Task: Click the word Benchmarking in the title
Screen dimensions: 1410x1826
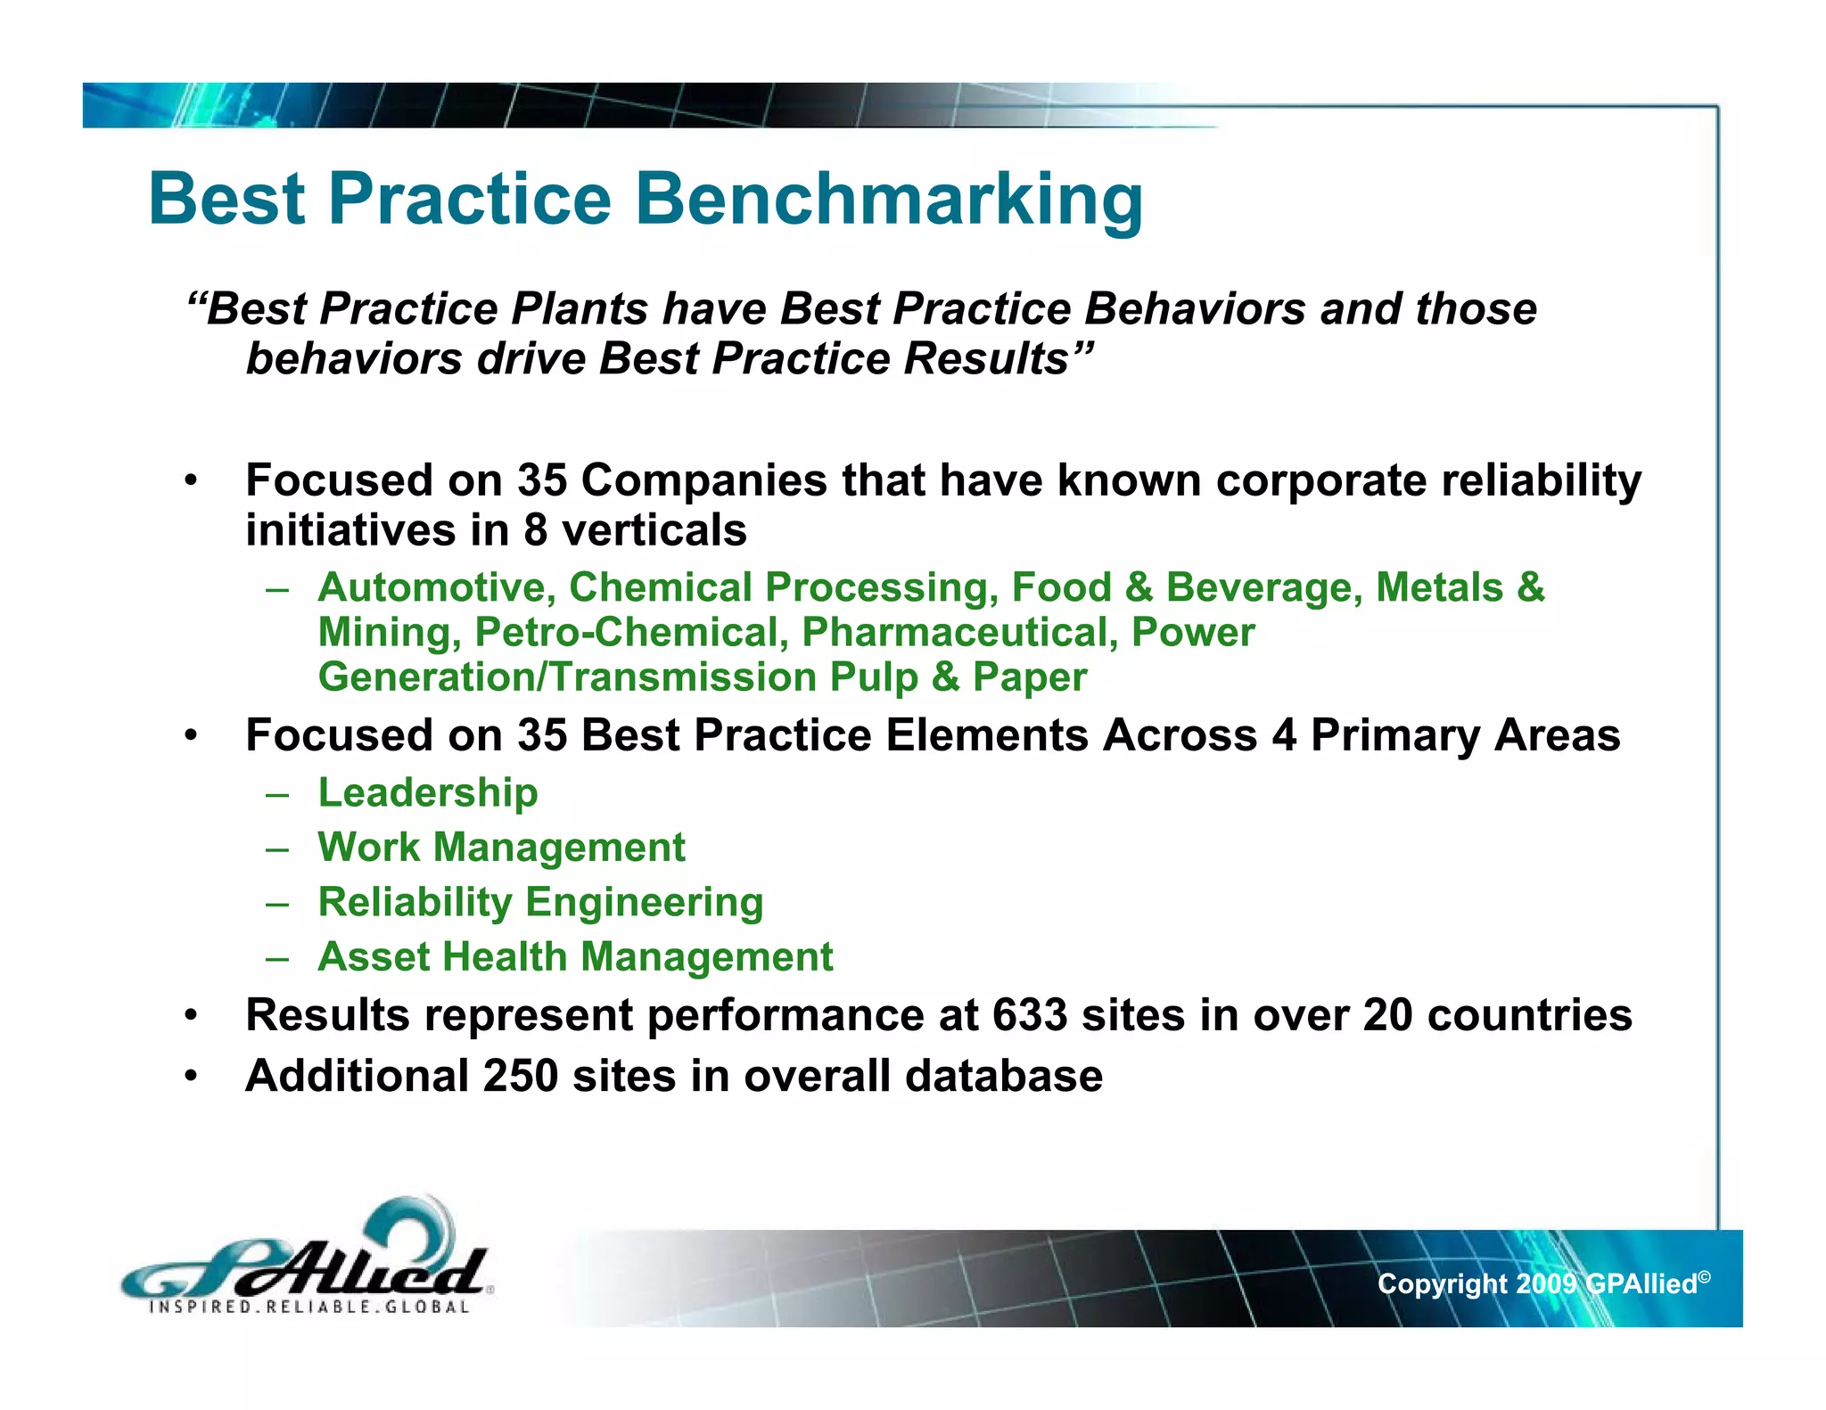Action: click(888, 200)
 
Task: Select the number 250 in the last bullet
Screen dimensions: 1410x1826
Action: click(521, 1076)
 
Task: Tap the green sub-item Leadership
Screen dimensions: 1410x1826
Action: click(428, 792)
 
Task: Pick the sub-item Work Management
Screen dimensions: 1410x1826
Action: click(501, 848)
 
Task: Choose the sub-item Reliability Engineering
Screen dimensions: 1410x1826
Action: click(540, 902)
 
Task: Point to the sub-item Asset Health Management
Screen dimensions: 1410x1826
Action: click(575, 957)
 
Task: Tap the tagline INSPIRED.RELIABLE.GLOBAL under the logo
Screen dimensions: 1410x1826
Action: click(309, 1308)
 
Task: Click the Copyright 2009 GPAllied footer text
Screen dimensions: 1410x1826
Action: click(1542, 1283)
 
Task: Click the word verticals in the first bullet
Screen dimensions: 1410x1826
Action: click(654, 530)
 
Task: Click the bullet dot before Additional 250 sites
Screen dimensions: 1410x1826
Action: click(190, 1077)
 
